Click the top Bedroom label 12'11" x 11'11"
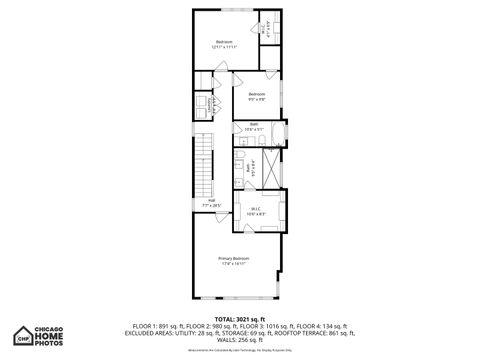coord(224,44)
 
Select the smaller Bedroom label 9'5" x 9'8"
coord(256,96)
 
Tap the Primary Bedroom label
coord(233,261)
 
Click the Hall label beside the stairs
coord(212,202)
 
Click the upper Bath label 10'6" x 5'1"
coord(254,127)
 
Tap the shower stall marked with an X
coord(271,165)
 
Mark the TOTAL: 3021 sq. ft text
coord(240,319)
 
